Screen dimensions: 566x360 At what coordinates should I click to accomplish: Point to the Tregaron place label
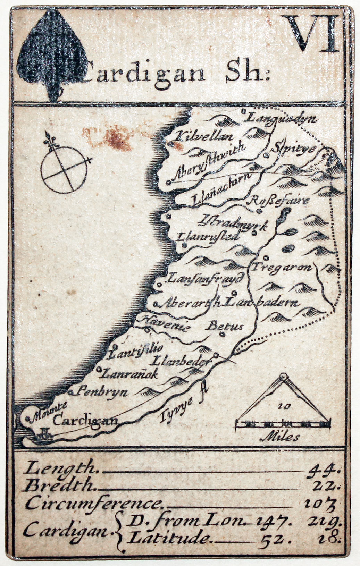coord(282,267)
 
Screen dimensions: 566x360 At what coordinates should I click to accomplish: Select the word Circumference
coord(93,503)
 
